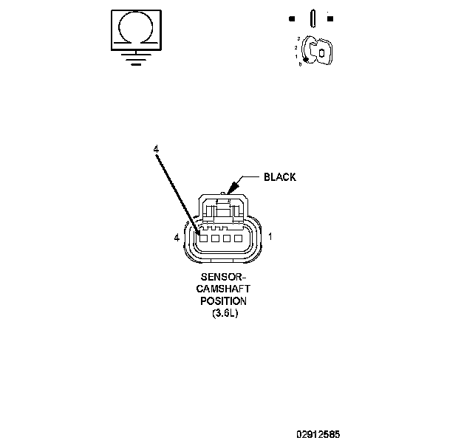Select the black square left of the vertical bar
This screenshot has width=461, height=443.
(293, 18)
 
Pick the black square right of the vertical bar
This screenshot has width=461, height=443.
(329, 18)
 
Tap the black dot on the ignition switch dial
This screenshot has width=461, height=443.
(306, 59)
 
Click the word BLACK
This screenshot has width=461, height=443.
(280, 177)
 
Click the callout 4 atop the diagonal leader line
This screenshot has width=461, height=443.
(156, 149)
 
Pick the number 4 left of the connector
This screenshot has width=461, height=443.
(176, 238)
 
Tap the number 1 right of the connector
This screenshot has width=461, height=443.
(270, 237)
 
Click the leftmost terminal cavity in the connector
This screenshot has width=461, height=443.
(202, 238)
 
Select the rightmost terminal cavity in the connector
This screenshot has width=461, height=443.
(238, 238)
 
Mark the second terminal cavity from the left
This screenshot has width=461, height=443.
(214, 238)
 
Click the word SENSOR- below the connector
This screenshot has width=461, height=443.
(224, 278)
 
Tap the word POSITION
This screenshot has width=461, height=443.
(224, 301)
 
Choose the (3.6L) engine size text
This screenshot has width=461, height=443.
(224, 313)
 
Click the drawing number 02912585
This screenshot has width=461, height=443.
(318, 435)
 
